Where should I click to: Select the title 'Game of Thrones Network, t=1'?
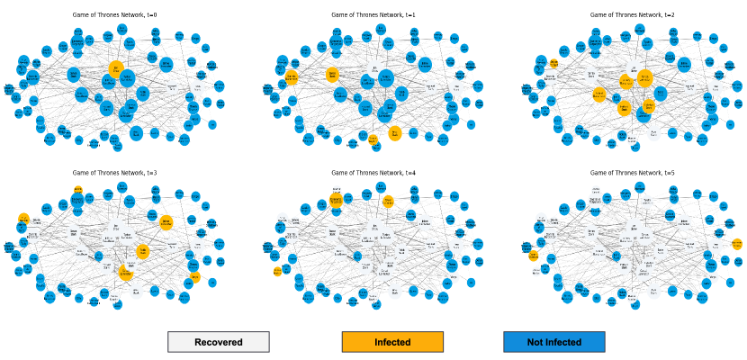[x=372, y=14]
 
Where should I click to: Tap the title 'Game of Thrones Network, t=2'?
[x=630, y=14]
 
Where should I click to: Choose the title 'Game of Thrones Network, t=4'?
[x=372, y=171]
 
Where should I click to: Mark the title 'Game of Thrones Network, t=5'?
[x=630, y=171]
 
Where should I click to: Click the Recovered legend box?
[x=218, y=342]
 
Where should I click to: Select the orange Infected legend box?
[x=392, y=342]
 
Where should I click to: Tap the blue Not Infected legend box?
[x=553, y=342]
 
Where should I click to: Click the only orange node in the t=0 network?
[x=116, y=68]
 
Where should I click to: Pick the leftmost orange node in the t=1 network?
[x=291, y=77]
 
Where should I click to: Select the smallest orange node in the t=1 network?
[x=373, y=139]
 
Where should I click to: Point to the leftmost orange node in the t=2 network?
[x=554, y=63]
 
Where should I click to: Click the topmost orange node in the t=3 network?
[x=78, y=191]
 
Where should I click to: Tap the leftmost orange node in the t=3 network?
[x=23, y=219]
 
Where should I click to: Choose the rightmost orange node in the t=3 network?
[x=195, y=277]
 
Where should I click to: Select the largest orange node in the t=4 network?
[x=336, y=200]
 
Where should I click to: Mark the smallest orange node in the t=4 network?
[x=277, y=271]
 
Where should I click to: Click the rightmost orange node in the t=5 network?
[x=737, y=244]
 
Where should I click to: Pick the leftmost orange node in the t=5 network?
[x=535, y=256]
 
